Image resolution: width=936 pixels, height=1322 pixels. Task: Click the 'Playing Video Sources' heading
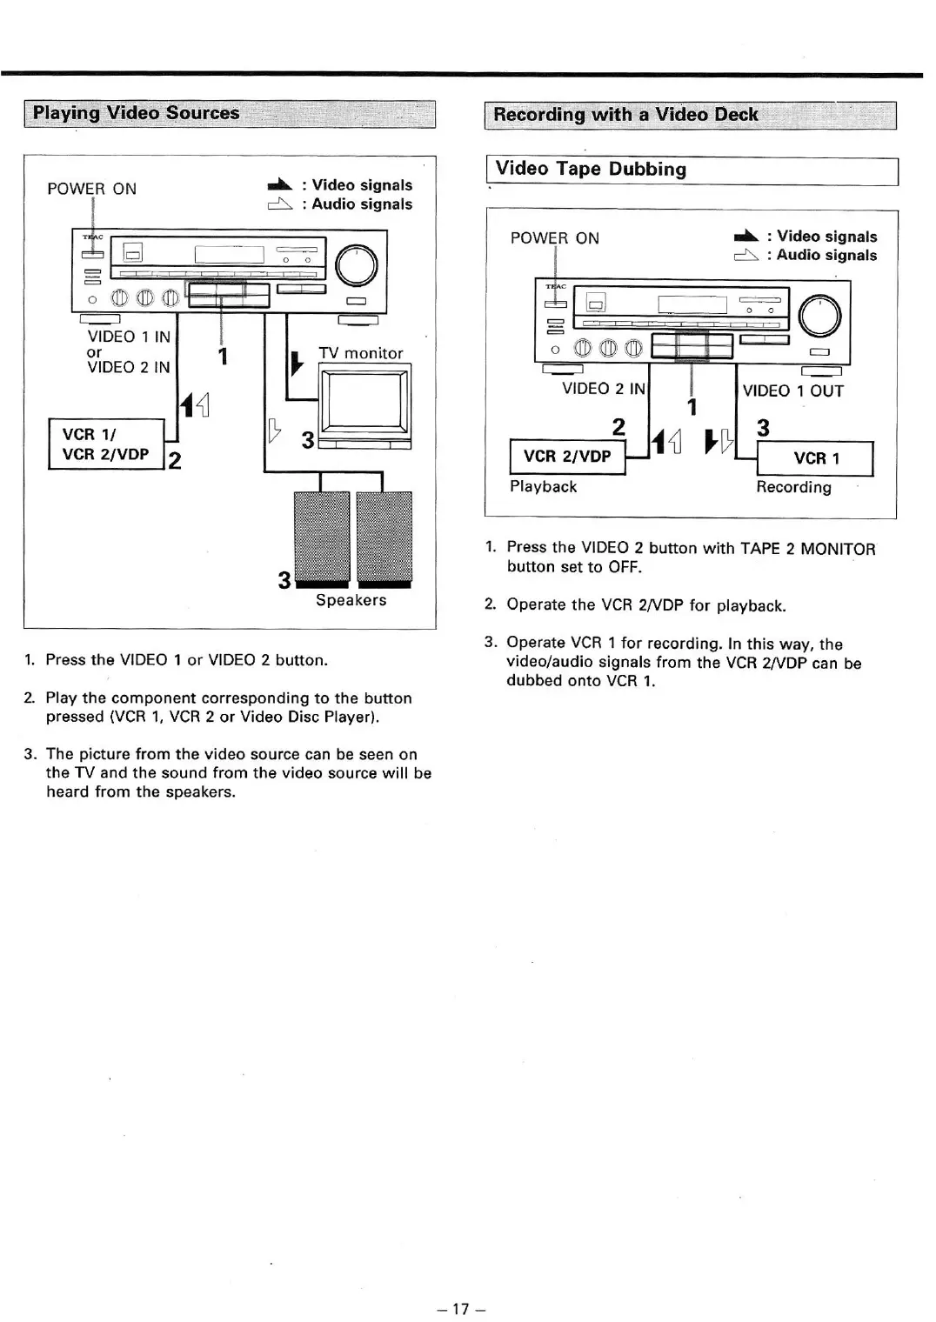click(x=136, y=113)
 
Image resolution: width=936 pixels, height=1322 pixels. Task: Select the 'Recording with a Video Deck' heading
click(x=625, y=115)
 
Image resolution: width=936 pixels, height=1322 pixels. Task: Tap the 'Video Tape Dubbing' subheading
click(x=591, y=170)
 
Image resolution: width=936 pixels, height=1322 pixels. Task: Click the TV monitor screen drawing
click(x=364, y=401)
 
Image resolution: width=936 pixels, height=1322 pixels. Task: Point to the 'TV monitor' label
click(x=360, y=353)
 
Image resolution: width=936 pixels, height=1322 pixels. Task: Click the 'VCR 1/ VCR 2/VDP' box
click(x=106, y=444)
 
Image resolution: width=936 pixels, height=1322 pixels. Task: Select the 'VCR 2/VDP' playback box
click(x=567, y=457)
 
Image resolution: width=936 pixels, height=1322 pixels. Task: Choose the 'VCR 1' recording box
click(x=816, y=458)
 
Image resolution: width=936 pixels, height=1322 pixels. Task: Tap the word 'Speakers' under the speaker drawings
click(x=351, y=600)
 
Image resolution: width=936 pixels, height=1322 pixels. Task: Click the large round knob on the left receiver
click(x=356, y=265)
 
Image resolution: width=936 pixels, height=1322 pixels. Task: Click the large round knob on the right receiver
click(x=819, y=316)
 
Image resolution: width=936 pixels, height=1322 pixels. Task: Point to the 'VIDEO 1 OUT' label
click(x=792, y=391)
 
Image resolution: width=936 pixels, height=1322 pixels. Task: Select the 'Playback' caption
click(x=543, y=487)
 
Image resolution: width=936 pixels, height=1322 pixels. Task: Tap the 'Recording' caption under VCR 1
click(x=793, y=487)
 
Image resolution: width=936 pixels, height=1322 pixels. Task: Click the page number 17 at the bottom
click(x=461, y=1308)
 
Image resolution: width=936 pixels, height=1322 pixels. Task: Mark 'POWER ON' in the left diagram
click(x=91, y=189)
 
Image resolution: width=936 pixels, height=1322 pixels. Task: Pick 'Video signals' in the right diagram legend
click(x=826, y=237)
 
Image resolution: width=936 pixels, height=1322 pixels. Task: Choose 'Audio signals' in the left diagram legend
click(x=362, y=204)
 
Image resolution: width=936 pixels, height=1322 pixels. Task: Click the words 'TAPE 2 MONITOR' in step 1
click(x=807, y=549)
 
